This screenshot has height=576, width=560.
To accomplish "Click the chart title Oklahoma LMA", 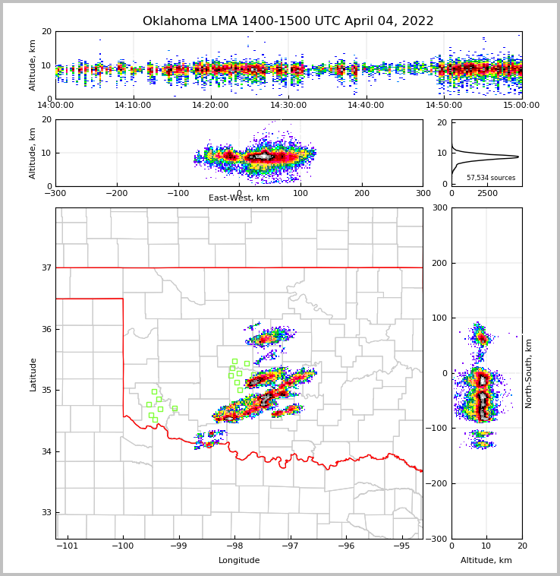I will (x=288, y=21).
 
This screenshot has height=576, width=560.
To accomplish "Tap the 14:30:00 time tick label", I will (x=288, y=106).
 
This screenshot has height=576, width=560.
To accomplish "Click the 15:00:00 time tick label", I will (x=522, y=106).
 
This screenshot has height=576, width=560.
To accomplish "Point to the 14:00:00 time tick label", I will (x=55, y=106).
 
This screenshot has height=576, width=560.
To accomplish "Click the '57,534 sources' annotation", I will (x=491, y=178).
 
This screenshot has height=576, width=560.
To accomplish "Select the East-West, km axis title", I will (x=239, y=198).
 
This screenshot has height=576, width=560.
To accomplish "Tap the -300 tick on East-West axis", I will (x=55, y=193).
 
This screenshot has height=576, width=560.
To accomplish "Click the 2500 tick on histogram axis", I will (x=487, y=193).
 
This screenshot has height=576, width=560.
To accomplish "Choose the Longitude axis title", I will (x=239, y=561).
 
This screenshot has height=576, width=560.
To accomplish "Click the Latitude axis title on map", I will (x=33, y=374).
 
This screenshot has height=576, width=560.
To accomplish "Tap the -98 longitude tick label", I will (x=234, y=546).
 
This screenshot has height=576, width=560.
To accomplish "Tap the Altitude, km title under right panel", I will (x=486, y=561).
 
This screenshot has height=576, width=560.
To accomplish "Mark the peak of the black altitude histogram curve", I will (x=518, y=157).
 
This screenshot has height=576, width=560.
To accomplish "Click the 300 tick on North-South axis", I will (x=440, y=207).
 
